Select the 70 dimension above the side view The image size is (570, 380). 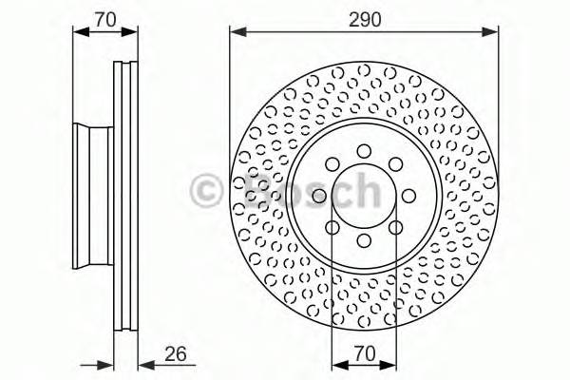[105, 18]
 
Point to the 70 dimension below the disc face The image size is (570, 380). [364, 354]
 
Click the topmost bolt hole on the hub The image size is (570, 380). [364, 149]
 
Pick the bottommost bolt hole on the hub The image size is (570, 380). [364, 240]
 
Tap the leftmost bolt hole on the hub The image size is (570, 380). [319, 195]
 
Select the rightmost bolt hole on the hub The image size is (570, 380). [409, 195]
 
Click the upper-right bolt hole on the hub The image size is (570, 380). [396, 162]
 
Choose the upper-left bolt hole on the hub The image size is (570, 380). [332, 162]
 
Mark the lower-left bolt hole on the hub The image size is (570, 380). [332, 227]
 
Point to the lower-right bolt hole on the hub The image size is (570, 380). [396, 227]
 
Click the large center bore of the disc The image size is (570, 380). [364, 195]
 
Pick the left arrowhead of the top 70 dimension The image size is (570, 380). [79, 33]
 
